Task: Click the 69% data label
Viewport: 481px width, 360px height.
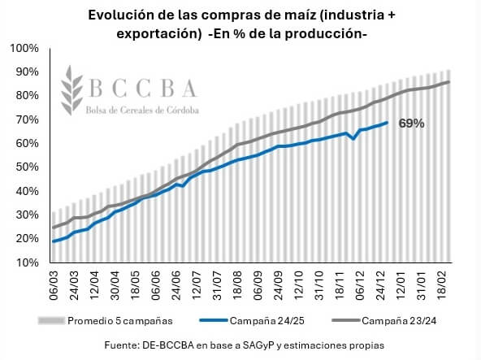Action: [411, 124]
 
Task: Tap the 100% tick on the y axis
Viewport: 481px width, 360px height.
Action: [24, 48]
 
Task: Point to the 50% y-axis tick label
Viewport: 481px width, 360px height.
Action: [27, 167]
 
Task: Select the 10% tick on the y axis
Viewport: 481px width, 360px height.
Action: [27, 262]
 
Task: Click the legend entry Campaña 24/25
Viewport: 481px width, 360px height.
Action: [252, 321]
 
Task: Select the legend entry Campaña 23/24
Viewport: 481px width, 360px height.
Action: [383, 321]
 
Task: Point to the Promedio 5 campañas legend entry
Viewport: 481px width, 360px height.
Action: [105, 321]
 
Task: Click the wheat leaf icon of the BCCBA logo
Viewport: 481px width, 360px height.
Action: [71, 90]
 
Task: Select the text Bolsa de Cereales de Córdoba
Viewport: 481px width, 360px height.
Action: [142, 111]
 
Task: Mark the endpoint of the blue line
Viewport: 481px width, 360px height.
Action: [387, 123]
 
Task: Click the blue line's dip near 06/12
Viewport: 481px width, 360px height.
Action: [353, 139]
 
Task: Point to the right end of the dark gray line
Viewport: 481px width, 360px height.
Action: [448, 81]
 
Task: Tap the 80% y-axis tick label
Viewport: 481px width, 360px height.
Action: [27, 96]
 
